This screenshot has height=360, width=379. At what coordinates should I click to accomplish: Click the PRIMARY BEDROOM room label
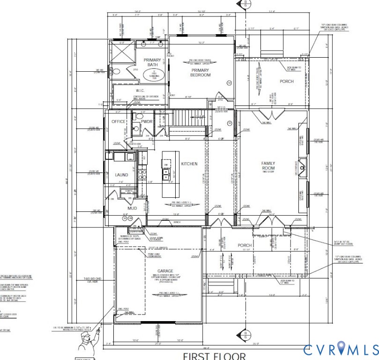point(200,72)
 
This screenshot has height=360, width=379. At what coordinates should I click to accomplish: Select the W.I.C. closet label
point(130,90)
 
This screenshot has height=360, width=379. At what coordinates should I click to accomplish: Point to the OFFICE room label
point(118,122)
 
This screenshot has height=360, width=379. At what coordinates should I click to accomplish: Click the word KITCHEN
point(190,164)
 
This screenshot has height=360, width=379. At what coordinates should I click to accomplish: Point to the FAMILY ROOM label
point(268,165)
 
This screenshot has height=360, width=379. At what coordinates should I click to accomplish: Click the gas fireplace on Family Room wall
point(303,165)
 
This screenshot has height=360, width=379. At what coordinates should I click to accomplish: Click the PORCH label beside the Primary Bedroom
point(287,82)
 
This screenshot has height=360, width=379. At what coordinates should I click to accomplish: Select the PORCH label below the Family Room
point(245,245)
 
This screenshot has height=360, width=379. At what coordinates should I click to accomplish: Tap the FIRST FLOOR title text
point(214,356)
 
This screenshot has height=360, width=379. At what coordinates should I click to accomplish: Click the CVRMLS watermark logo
point(341,349)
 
